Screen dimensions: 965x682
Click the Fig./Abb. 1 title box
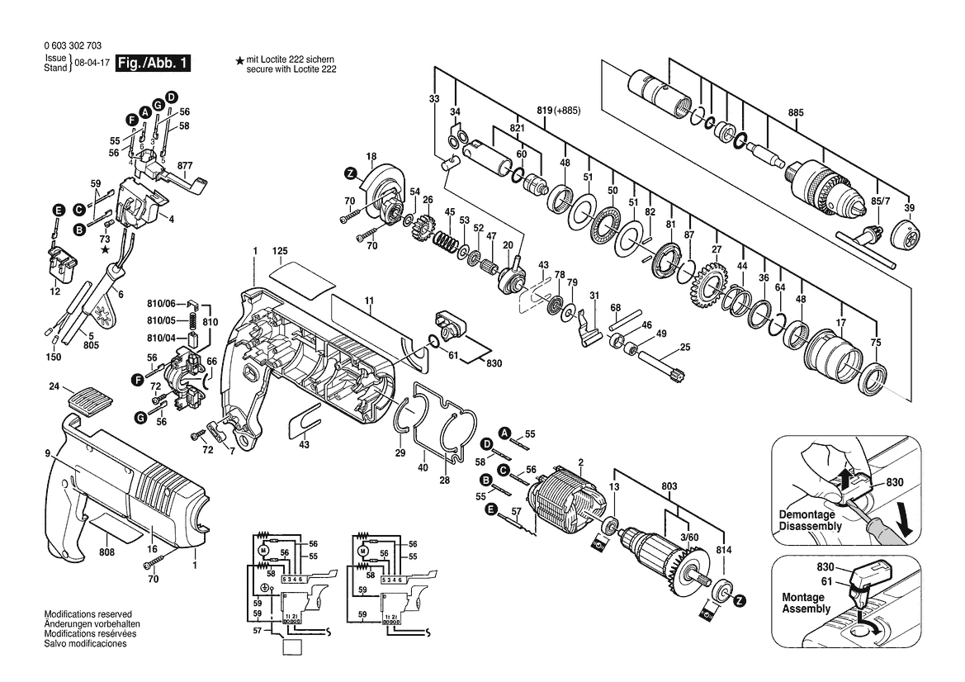(154, 64)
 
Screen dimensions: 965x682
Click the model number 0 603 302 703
(73, 45)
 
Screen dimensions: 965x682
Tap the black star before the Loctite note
(240, 61)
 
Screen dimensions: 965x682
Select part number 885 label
(796, 112)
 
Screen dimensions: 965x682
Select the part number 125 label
(280, 251)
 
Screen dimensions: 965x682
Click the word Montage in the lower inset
(802, 597)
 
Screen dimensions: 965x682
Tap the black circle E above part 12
(58, 211)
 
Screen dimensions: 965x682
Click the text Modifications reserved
(88, 614)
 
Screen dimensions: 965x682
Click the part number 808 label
(106, 552)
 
